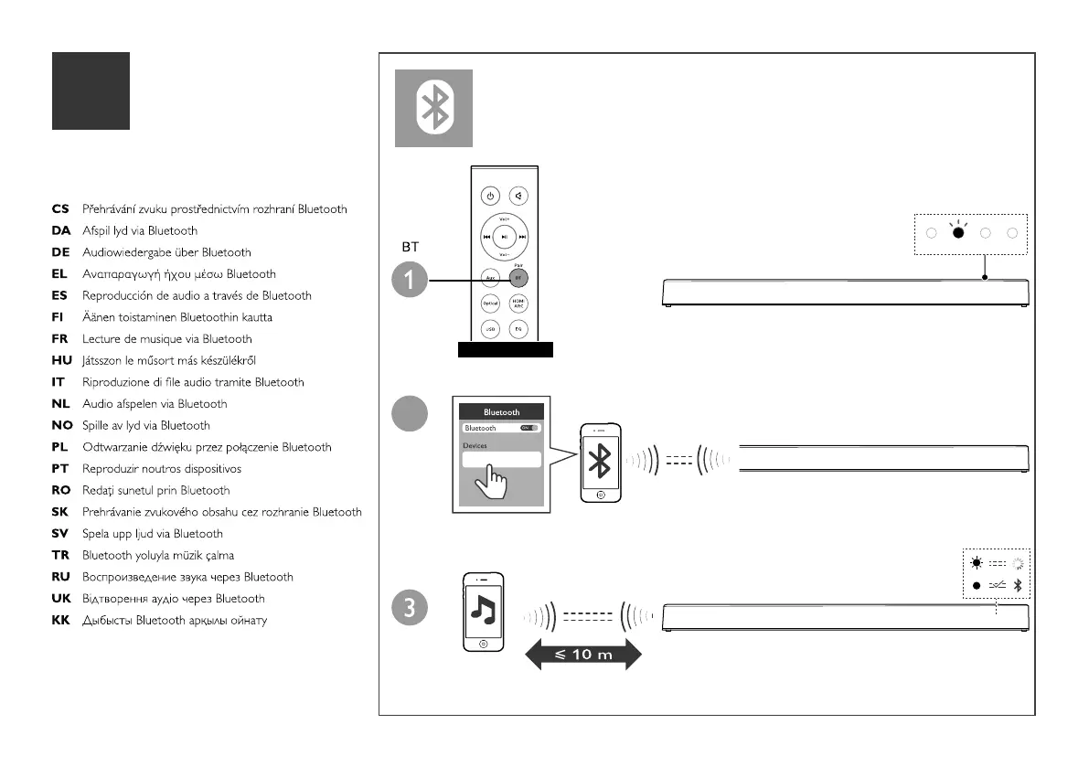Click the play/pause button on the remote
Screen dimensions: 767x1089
tap(506, 236)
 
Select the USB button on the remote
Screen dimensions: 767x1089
tap(491, 328)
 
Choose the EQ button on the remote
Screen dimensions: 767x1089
tap(518, 328)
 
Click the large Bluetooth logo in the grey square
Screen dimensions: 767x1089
tap(433, 108)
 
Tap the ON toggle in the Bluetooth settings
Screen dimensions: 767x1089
tap(528, 428)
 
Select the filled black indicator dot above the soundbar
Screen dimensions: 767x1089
tap(958, 232)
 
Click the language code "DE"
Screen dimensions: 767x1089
tap(60, 252)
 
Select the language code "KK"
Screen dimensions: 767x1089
tap(60, 621)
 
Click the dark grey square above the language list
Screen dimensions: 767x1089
tap(91, 91)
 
